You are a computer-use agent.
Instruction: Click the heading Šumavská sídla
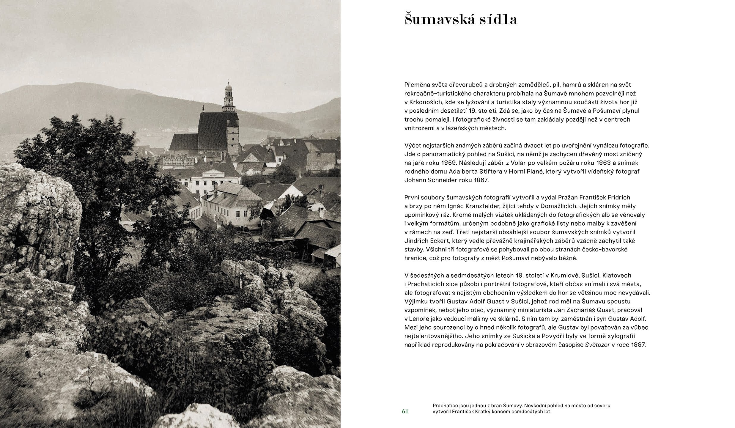coord(461,20)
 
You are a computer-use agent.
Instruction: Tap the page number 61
coord(405,411)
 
